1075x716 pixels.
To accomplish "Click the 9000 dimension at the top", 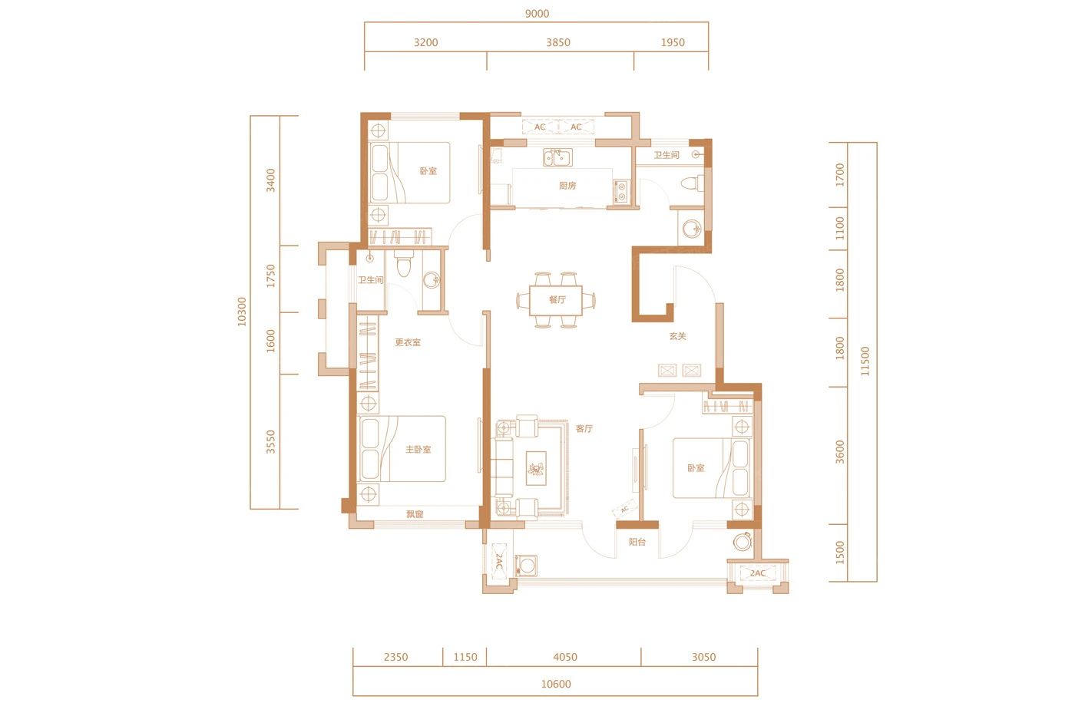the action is click(537, 13).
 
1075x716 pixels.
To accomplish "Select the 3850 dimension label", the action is click(558, 42).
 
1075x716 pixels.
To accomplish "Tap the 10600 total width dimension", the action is click(556, 684).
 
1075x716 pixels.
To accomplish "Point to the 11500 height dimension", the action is click(865, 361).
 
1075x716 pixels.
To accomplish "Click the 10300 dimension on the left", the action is click(242, 312).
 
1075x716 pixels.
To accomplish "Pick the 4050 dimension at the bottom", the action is click(565, 657).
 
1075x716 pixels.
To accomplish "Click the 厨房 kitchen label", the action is click(567, 186).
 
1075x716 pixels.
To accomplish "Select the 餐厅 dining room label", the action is click(557, 300).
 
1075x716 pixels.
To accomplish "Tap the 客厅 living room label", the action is click(584, 428).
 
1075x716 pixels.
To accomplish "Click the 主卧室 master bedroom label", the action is click(418, 450).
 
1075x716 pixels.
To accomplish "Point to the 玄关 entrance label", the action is click(677, 336).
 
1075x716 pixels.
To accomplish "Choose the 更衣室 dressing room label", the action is click(408, 342).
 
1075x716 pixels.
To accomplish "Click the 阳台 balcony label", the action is click(637, 542).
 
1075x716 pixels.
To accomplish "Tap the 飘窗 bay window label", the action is click(415, 514).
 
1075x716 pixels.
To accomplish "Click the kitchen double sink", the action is click(557, 157).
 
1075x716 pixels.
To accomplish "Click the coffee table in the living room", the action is click(536, 468).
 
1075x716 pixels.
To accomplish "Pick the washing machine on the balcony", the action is click(526, 566).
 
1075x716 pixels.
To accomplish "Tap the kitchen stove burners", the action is click(621, 191).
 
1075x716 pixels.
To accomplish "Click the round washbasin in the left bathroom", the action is click(432, 279).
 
